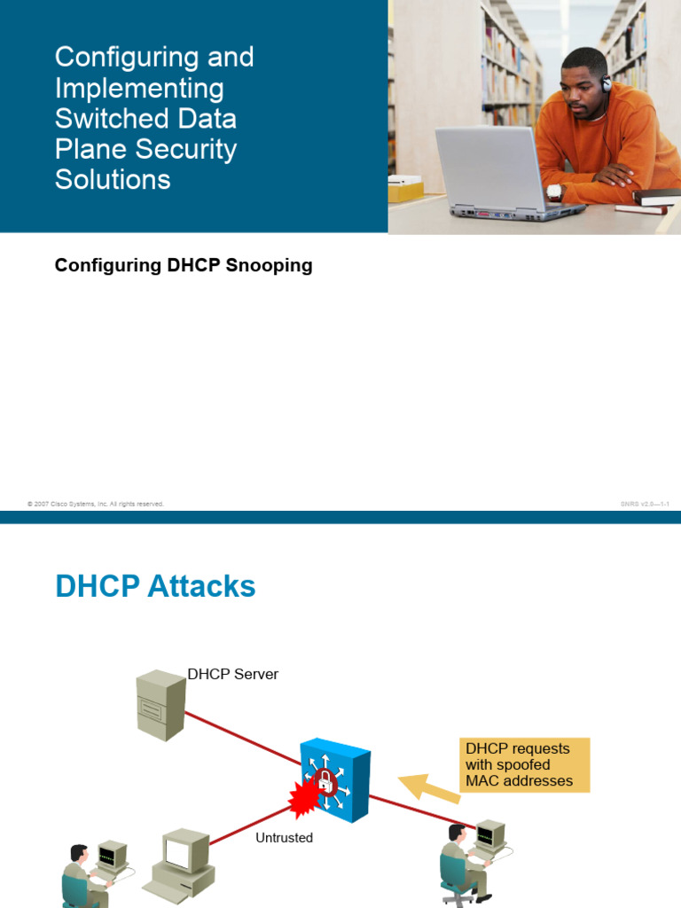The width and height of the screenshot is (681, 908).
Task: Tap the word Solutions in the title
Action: pyautogui.click(x=113, y=179)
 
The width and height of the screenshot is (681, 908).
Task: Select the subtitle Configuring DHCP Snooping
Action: pyautogui.click(x=184, y=265)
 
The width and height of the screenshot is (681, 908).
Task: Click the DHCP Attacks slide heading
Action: pyautogui.click(x=155, y=586)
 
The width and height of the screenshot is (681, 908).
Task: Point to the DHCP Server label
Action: pyautogui.click(x=232, y=674)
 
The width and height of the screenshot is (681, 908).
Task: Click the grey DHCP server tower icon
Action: pyautogui.click(x=160, y=704)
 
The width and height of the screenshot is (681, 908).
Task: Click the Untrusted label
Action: pyautogui.click(x=284, y=837)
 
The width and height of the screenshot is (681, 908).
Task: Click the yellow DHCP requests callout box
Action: pyautogui.click(x=524, y=765)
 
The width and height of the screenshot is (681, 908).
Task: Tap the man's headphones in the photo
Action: pyautogui.click(x=606, y=83)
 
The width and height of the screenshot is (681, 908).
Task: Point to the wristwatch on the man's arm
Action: pyautogui.click(x=554, y=191)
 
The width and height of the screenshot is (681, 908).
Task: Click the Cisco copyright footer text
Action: pyautogui.click(x=96, y=504)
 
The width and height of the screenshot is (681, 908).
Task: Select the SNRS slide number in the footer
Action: pyautogui.click(x=645, y=504)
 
